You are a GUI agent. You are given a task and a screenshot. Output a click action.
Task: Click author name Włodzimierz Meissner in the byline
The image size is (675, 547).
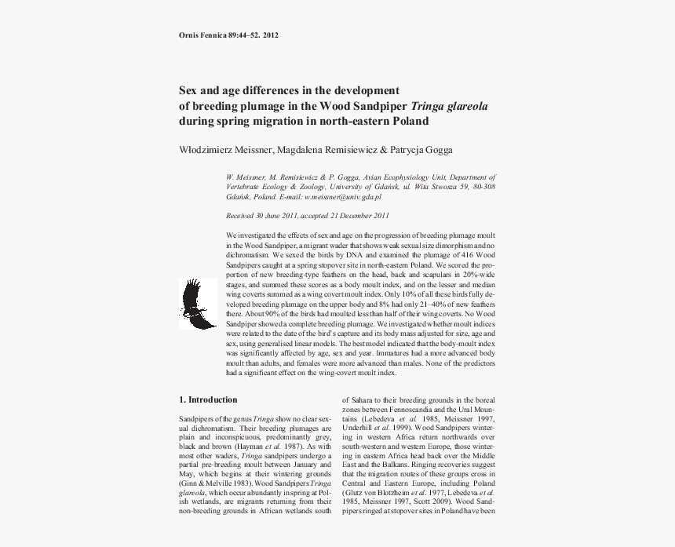tap(221, 150)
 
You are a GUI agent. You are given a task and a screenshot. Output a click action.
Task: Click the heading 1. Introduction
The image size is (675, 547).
tap(208, 399)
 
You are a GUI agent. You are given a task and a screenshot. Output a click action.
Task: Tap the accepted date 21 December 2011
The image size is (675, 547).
tap(358, 215)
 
